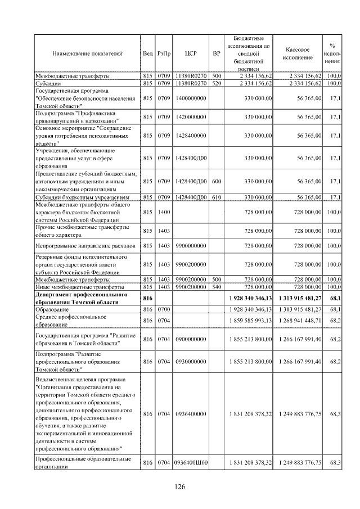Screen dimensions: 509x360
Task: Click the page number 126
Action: tap(179, 487)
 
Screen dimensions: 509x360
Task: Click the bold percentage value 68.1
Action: tap(336, 298)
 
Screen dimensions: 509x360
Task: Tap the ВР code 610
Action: tap(217, 197)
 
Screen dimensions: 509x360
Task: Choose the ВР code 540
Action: tap(217, 287)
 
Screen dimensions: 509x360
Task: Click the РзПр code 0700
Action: tap(164, 309)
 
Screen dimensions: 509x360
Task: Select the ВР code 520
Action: tap(217, 83)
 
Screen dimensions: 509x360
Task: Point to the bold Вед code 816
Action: tap(148, 298)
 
